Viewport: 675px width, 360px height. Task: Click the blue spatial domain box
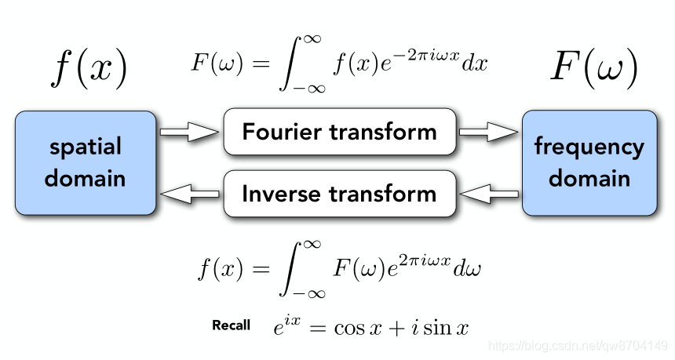coord(85,162)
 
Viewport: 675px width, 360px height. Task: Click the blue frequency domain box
coord(589,162)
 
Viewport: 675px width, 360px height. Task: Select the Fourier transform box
coord(339,131)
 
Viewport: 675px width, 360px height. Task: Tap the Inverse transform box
coord(339,193)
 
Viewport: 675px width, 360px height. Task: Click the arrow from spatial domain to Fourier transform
coord(189,133)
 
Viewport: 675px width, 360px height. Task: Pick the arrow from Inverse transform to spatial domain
coord(189,192)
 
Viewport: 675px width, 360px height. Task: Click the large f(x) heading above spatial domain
coord(88,67)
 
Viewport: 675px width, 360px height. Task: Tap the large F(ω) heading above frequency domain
coord(593,67)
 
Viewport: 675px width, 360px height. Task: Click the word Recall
coord(232,325)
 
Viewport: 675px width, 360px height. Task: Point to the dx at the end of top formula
coord(475,64)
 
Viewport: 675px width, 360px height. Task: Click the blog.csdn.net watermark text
coord(577,345)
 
